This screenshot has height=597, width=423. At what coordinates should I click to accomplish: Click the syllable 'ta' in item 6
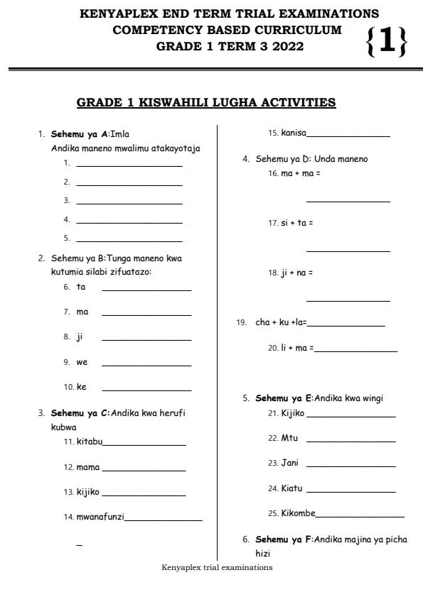81,287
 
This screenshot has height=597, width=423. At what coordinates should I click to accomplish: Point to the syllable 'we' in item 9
82,362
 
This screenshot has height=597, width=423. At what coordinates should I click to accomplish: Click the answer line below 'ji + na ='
348,301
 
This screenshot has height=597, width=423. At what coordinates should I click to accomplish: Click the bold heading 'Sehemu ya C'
79,412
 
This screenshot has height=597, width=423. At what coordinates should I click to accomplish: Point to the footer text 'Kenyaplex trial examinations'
217,567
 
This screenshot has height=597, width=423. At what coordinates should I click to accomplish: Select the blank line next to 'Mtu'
350,440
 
